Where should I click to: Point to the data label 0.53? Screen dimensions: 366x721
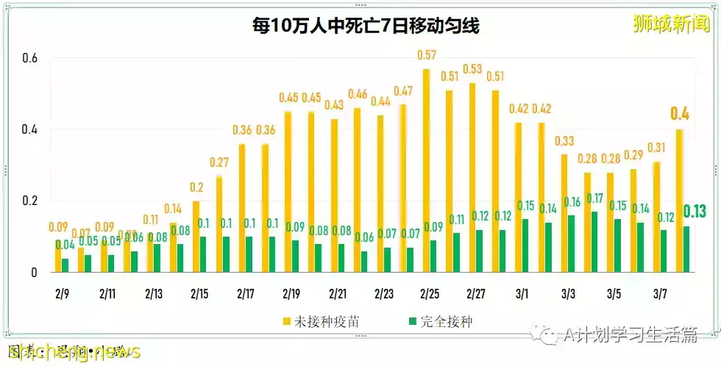pyautogui.click(x=472, y=69)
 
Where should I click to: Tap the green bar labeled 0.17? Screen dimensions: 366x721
pyautogui.click(x=594, y=242)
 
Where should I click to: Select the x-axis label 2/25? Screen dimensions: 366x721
pyautogui.click(x=430, y=294)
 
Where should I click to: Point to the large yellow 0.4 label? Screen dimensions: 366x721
pyautogui.click(x=679, y=114)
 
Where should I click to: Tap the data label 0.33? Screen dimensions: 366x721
pyautogui.click(x=564, y=140)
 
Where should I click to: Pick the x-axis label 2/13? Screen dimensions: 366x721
pyautogui.click(x=153, y=294)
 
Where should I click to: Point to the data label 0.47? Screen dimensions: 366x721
pyautogui.click(x=402, y=91)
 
